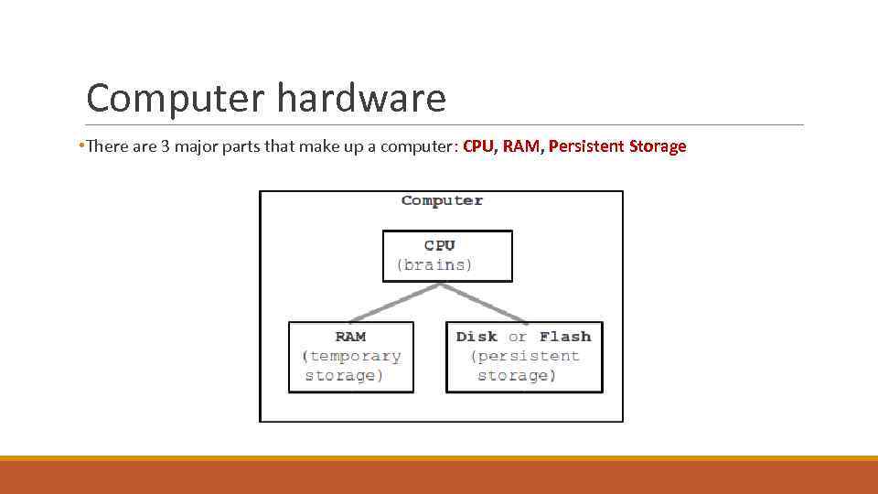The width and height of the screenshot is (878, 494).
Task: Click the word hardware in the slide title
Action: (360, 99)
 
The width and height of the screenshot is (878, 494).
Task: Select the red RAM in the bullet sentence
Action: (521, 146)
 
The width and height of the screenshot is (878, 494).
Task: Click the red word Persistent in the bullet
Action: (586, 146)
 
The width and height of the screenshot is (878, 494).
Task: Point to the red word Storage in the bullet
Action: (658, 146)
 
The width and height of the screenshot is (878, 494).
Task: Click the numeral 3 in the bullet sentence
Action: (166, 146)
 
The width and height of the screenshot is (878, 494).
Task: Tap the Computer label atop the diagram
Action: (442, 200)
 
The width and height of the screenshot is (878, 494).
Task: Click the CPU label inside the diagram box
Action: (439, 245)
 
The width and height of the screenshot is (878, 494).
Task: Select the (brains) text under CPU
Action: (434, 265)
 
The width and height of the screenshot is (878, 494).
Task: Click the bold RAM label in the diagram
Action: (350, 337)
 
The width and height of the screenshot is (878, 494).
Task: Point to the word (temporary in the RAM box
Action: (352, 356)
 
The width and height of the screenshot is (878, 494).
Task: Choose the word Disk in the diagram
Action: (476, 337)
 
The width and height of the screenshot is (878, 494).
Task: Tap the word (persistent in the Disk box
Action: (525, 356)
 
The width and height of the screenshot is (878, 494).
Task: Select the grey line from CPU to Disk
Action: (485, 303)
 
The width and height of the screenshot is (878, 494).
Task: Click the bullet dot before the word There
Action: (82, 146)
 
